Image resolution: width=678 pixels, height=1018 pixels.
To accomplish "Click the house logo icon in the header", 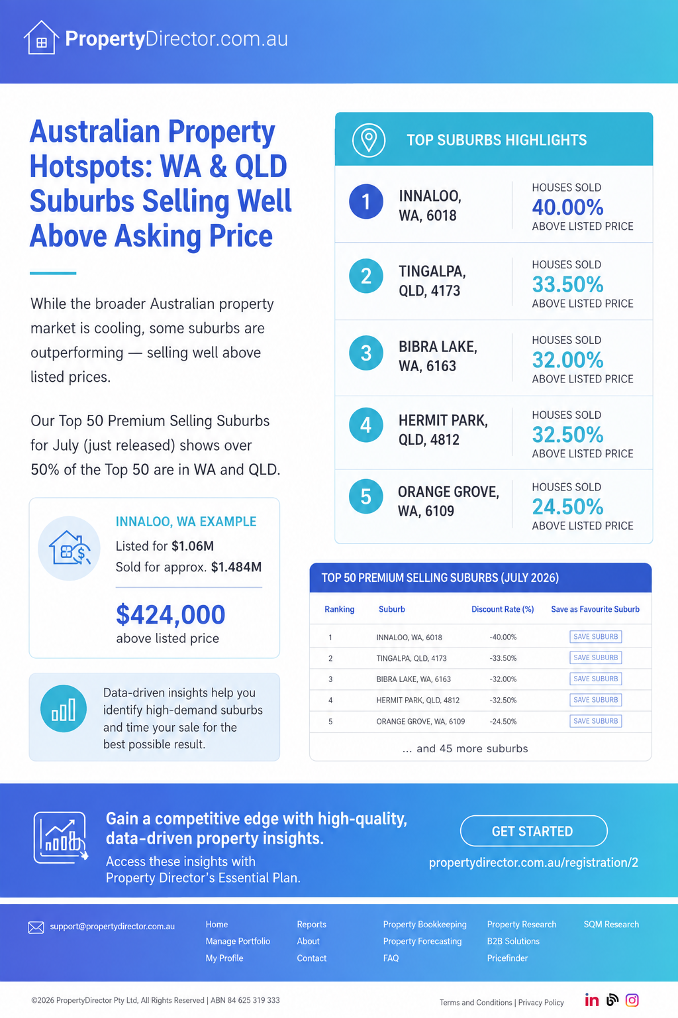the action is [x=41, y=38].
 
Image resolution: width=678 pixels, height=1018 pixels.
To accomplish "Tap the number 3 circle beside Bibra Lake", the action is [x=366, y=353].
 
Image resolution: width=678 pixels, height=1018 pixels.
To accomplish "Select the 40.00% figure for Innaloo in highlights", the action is [x=567, y=207].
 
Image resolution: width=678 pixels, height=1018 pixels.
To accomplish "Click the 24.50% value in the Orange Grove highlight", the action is [x=567, y=507].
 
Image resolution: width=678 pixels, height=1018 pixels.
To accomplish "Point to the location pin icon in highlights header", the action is [x=369, y=140].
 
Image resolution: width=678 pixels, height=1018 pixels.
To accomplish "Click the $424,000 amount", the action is [x=171, y=614].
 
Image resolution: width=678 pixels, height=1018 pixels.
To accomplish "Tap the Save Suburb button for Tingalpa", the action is [x=595, y=657].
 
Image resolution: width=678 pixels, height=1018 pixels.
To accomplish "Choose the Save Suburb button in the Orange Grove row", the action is [x=595, y=721].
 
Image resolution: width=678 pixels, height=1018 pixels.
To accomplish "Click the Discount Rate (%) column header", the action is [x=503, y=609].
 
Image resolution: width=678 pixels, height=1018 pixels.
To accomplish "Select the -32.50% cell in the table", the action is [x=503, y=700].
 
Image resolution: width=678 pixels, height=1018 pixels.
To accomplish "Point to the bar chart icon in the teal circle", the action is [x=64, y=708].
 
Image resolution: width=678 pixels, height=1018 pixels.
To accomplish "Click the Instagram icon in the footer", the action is [x=632, y=1000].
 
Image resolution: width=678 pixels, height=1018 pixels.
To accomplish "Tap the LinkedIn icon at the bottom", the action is [x=591, y=1000].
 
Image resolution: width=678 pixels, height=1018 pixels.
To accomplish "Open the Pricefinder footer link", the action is [x=507, y=958].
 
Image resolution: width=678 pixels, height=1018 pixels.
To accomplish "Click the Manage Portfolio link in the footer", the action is [x=238, y=940].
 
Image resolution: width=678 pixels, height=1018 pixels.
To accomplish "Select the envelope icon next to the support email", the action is [x=36, y=927].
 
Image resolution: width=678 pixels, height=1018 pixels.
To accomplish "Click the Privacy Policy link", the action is [x=541, y=1002].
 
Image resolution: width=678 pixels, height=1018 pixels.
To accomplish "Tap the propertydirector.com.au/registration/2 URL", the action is [x=534, y=862].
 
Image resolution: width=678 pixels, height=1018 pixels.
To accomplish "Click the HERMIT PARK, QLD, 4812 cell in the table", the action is [x=418, y=700].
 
